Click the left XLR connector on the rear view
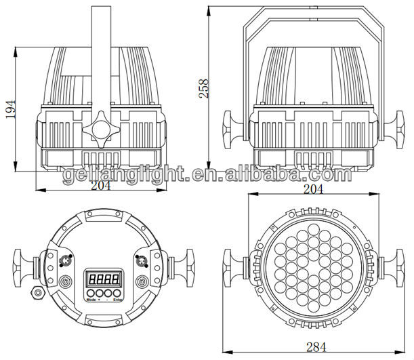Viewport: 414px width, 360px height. (x=66, y=259)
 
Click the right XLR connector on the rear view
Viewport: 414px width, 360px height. (x=142, y=259)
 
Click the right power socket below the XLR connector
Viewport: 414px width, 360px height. (x=142, y=281)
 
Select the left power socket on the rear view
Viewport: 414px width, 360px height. (x=65, y=281)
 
